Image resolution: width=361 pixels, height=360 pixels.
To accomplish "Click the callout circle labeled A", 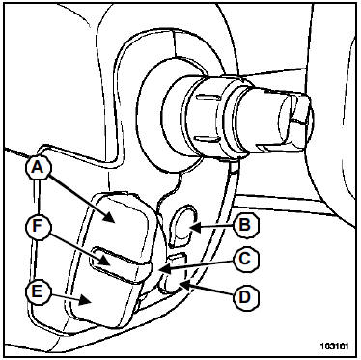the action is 38,168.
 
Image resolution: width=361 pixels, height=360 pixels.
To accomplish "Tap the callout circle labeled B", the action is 246,225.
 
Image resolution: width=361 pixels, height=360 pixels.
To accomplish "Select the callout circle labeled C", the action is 246,259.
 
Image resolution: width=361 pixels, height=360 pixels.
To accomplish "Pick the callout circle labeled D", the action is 246,296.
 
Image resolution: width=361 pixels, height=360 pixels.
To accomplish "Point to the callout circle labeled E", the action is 38,291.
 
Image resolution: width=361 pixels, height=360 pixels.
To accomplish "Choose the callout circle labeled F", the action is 38,226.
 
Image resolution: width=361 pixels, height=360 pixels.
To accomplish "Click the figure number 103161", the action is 335,346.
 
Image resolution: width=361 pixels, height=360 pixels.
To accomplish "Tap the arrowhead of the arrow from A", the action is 110,217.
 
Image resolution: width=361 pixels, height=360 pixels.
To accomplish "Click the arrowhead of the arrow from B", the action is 195,228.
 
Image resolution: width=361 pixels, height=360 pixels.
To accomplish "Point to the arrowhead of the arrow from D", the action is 182,285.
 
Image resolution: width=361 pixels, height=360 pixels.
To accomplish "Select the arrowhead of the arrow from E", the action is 85,301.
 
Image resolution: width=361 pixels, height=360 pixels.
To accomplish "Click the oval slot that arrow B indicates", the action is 182,227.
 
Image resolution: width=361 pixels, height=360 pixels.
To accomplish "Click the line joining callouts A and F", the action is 39,197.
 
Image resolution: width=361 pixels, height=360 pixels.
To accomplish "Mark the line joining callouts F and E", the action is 36,259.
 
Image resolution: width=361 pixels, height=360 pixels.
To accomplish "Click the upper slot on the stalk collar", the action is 208,97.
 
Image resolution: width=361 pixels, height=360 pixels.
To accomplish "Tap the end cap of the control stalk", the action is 296,121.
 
